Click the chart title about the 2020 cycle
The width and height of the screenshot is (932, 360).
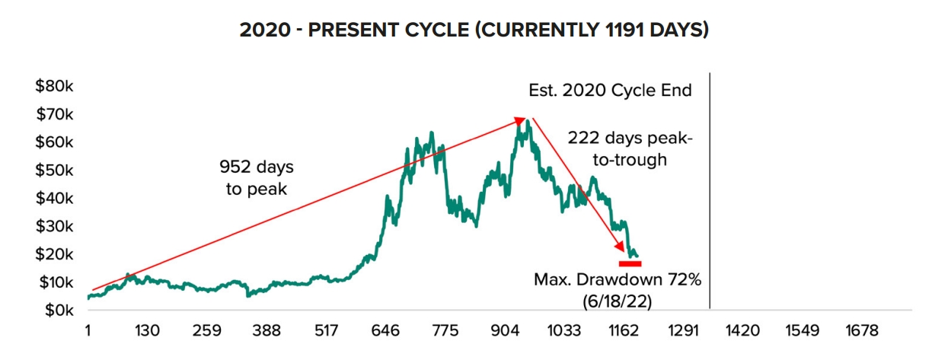tap(474, 31)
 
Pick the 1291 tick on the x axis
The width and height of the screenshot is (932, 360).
tap(683, 332)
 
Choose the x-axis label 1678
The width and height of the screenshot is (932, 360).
tap(861, 332)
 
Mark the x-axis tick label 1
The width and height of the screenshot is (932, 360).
tap(88, 332)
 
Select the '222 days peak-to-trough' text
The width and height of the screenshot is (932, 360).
tap(629, 148)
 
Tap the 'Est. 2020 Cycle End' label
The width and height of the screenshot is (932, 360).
tap(610, 91)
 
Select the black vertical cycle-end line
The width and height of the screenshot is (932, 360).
tap(710, 190)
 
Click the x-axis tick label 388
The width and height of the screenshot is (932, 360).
tap(267, 332)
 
